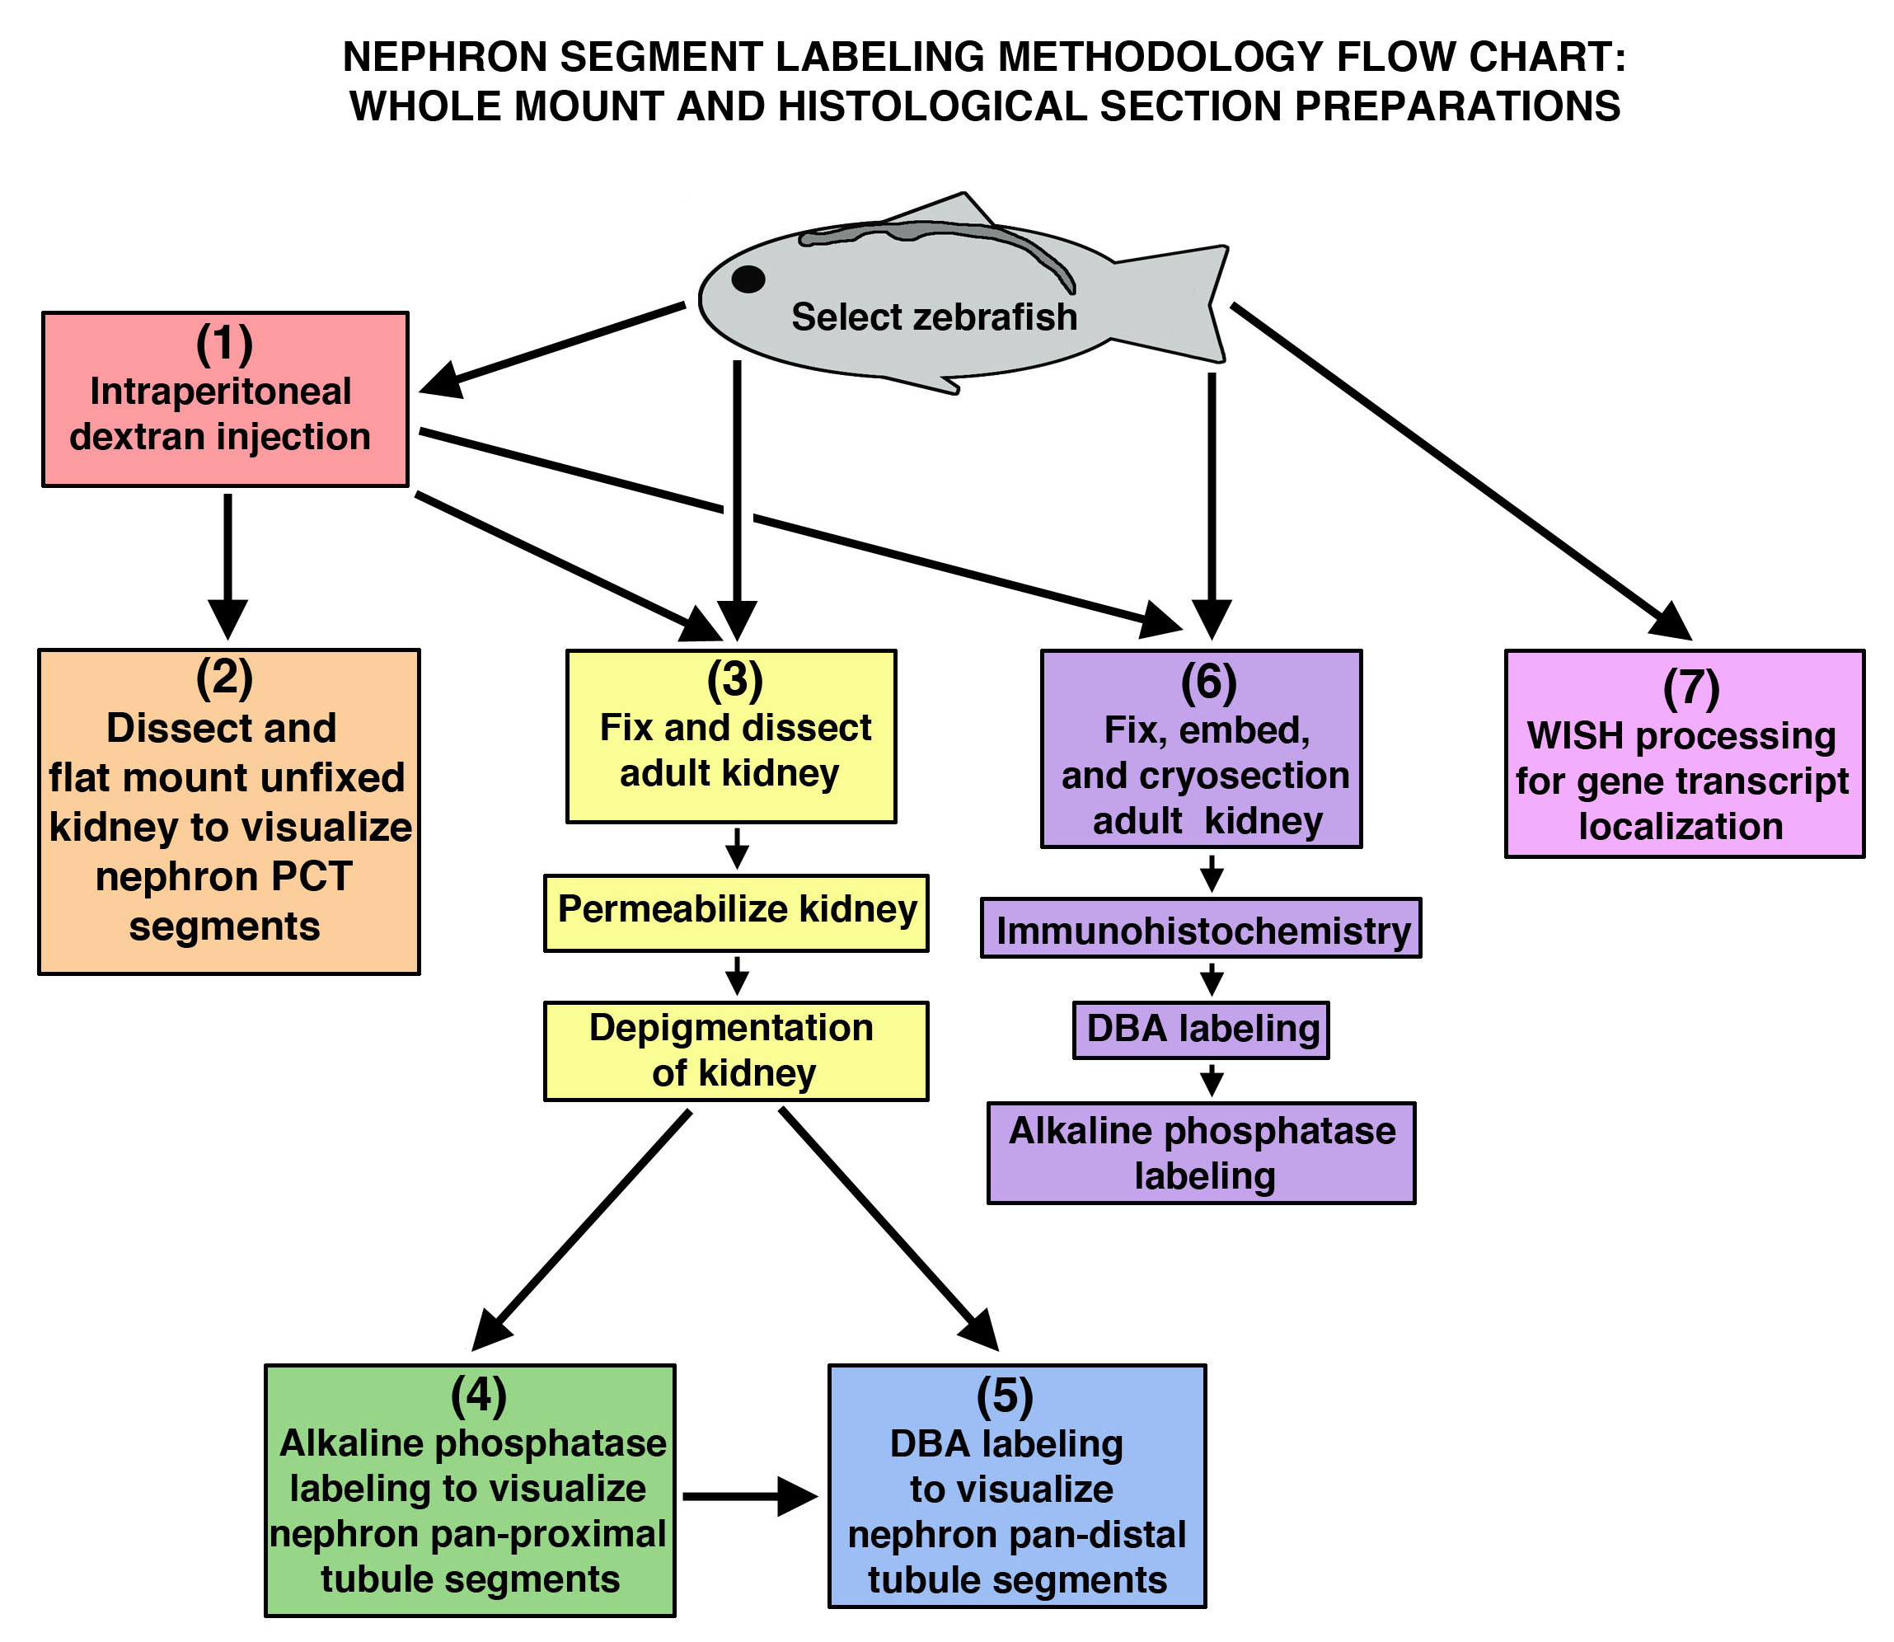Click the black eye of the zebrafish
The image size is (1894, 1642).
click(748, 279)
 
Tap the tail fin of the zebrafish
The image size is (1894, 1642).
click(1182, 303)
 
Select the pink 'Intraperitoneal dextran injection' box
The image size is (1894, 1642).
click(224, 399)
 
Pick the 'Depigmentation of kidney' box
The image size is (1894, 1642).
click(736, 1050)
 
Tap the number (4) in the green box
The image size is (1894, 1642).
click(478, 1395)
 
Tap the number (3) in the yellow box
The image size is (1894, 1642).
click(735, 679)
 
